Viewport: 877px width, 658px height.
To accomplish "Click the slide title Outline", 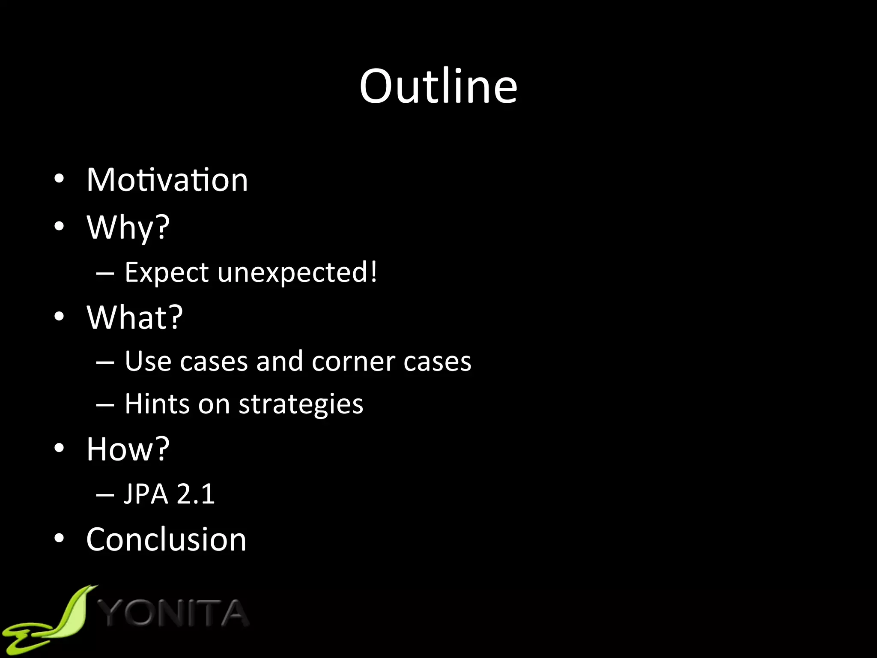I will tap(438, 87).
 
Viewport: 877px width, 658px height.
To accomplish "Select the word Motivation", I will tap(167, 180).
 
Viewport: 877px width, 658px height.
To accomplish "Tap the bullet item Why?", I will tap(128, 227).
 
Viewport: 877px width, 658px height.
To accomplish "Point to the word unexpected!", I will tap(298, 273).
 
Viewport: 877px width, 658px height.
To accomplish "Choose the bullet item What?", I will tap(134, 317).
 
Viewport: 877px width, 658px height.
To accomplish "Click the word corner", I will tap(354, 362).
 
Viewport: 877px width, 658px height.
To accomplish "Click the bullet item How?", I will tap(128, 449).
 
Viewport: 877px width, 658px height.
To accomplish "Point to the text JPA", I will tap(146, 494).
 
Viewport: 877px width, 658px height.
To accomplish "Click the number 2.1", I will tap(195, 494).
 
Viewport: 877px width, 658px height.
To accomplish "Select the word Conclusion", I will tap(166, 539).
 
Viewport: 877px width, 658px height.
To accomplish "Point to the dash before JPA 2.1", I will tap(105, 495).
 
